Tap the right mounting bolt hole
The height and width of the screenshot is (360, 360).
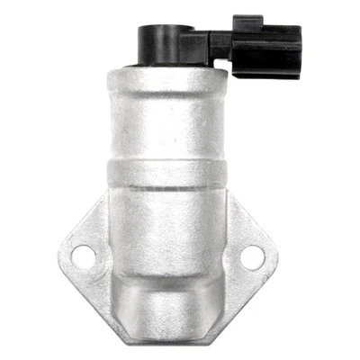(254, 257)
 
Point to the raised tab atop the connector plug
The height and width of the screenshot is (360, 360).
(246, 18)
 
